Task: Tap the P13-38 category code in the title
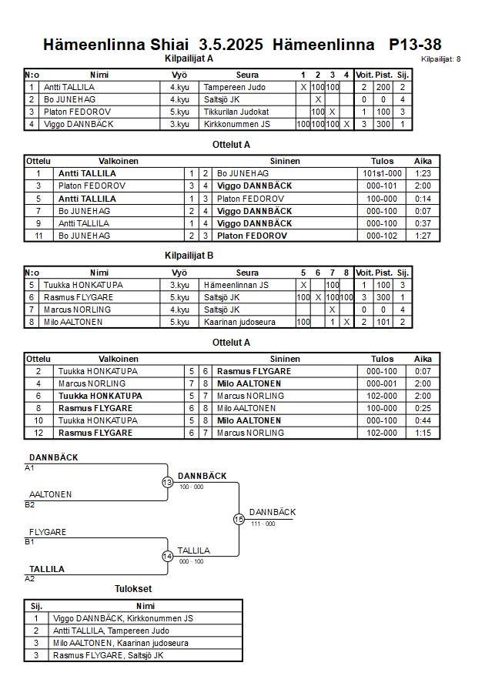415,45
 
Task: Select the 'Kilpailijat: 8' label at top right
441,59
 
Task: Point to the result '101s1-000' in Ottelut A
382,174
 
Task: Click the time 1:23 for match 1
423,174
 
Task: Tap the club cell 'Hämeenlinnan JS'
236,285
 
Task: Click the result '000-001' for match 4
382,383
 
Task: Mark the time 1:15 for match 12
423,433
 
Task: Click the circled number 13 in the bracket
168,482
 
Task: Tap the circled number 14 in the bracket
168,557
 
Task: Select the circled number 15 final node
239,519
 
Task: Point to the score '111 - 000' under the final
263,524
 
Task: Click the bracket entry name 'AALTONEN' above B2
51,494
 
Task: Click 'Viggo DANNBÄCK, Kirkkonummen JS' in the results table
123,618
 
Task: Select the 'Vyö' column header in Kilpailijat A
179,75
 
